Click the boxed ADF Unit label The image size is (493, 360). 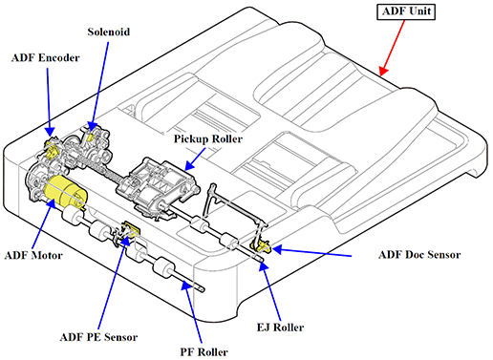click(406, 11)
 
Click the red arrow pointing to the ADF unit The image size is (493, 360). click(392, 48)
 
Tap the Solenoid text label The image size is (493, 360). click(109, 32)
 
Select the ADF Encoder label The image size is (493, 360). click(45, 58)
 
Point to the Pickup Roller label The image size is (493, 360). click(208, 139)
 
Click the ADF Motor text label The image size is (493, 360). click(33, 255)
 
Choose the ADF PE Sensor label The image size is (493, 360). click(98, 337)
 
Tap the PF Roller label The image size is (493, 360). click(204, 352)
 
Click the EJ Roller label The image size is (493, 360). click(280, 328)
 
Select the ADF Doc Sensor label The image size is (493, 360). click(419, 255)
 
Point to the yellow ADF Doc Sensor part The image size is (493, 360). click(262, 246)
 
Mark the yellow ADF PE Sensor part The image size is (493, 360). click(132, 228)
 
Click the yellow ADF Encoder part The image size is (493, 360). click(52, 148)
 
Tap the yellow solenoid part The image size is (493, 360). click(91, 138)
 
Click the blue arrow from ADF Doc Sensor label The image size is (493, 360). click(311, 252)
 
